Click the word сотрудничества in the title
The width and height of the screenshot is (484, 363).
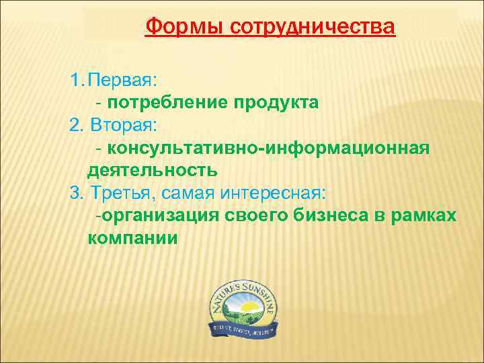pyautogui.click(x=313, y=28)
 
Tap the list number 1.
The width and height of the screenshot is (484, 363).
pyautogui.click(x=75, y=81)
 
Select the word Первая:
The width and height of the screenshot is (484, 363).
pyautogui.click(x=126, y=81)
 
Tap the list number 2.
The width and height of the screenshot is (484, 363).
pyautogui.click(x=75, y=125)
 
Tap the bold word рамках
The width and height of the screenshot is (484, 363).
pyautogui.click(x=424, y=215)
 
